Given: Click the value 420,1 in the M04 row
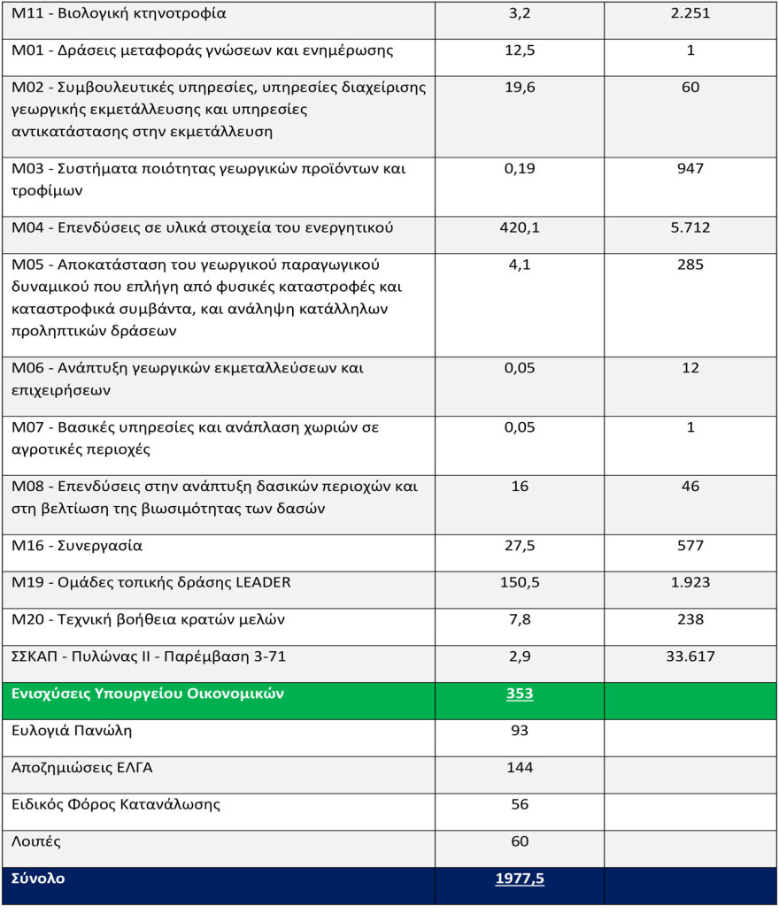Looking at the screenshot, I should coord(520,228).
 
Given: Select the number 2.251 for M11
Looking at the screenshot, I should coord(690,13).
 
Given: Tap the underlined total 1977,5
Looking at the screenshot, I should coord(520,878).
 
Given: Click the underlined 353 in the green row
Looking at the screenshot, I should coord(520,694).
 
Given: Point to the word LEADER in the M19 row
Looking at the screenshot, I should coord(259,582).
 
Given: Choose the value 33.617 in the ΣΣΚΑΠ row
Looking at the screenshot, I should coord(690,656).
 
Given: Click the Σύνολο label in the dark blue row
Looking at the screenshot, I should coord(38,878).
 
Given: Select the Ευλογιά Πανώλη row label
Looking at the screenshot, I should coord(72,731).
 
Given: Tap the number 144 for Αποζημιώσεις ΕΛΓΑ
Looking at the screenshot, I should coord(520,767).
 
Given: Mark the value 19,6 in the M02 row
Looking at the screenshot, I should coord(520,87).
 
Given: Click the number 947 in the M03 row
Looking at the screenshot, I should coord(690,168).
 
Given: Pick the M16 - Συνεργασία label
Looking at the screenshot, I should coord(77,546).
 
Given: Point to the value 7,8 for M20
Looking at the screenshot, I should coord(520,619).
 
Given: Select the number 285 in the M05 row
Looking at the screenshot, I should coord(690,265).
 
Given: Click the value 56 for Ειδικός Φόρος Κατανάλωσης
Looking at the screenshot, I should coord(520,804).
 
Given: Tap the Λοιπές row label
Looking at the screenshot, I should coord(36,841).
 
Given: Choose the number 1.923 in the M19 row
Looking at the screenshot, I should coord(690,582).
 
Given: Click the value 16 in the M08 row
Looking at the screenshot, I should coord(520,486).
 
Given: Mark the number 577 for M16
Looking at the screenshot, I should coord(690,546).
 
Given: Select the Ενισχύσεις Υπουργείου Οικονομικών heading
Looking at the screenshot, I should coord(148,694).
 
